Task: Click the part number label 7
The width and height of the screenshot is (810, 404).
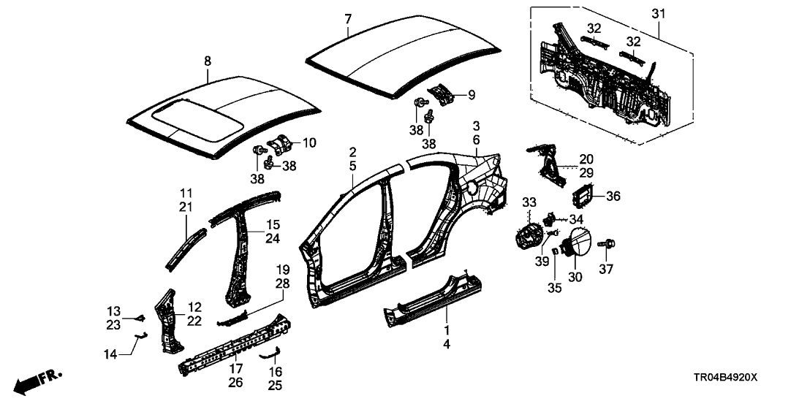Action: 347,18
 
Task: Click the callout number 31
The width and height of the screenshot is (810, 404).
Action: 659,14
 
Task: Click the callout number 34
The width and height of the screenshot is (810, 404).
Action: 578,218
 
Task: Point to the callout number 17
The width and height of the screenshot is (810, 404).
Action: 235,368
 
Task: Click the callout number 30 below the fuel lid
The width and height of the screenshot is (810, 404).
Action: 576,276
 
